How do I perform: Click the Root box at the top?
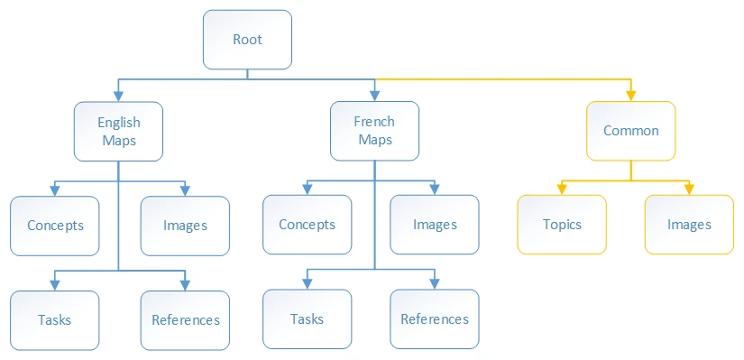[247, 40]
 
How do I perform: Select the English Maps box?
[118, 131]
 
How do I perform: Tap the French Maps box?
[374, 131]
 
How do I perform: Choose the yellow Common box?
[630, 131]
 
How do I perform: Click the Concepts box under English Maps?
[55, 226]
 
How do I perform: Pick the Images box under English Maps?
[185, 226]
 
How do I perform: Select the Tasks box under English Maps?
[55, 319]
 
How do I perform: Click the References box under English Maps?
[185, 319]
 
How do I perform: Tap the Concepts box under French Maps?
[307, 225]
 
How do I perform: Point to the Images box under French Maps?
[435, 225]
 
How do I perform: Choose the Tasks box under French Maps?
[307, 319]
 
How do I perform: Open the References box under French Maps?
[435, 319]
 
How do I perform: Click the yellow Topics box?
[562, 225]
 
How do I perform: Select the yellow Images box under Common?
[689, 225]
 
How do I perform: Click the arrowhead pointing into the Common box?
[630, 96]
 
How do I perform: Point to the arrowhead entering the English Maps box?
[118, 96]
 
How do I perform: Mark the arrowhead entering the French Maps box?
[374, 96]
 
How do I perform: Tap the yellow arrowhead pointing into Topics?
[562, 189]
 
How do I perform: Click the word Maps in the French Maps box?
[374, 140]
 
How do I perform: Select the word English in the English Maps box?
[118, 122]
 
